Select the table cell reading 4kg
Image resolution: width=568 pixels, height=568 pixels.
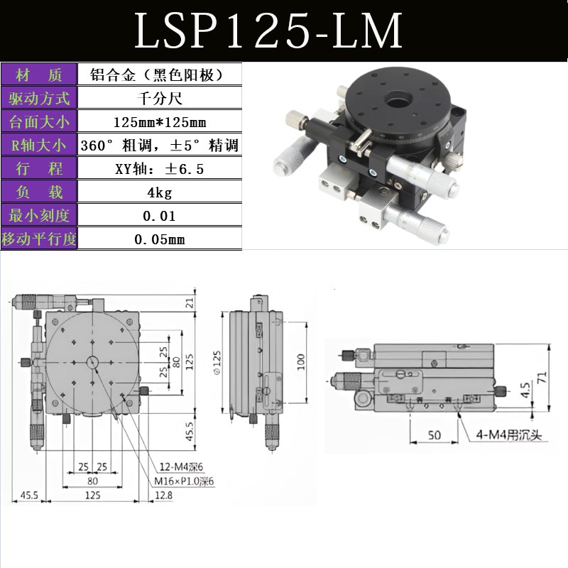(159, 192)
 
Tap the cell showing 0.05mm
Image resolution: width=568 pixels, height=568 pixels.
(159, 239)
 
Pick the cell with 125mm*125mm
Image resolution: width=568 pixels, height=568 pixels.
(159, 122)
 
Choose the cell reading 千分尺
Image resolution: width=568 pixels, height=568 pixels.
(159, 98)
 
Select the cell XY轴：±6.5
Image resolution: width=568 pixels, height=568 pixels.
(159, 169)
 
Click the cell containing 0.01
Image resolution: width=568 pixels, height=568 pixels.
(159, 216)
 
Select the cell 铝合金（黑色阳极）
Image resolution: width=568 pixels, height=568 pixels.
(159, 75)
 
